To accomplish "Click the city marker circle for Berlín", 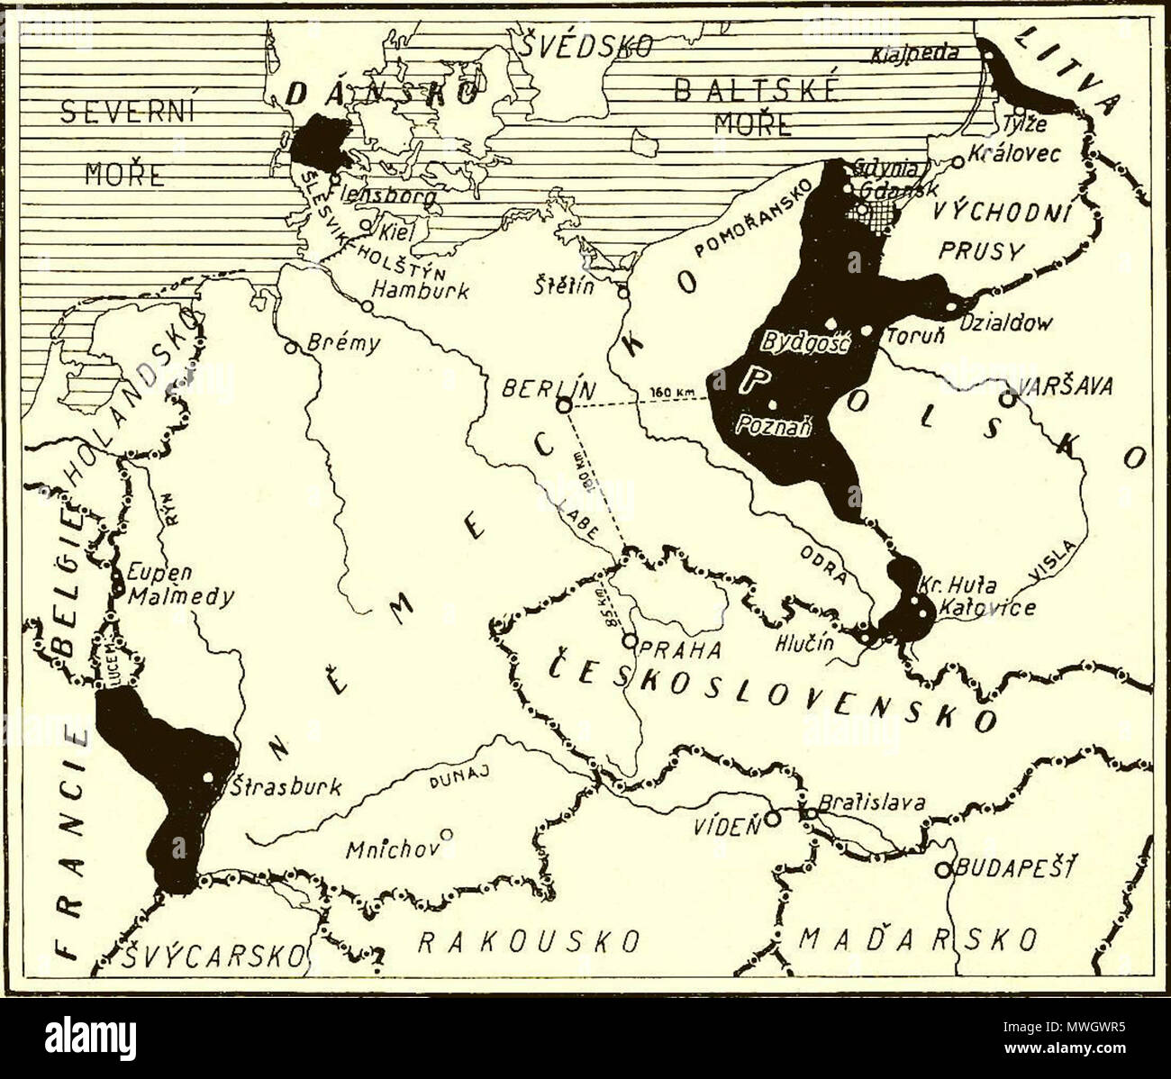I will pyautogui.click(x=563, y=406).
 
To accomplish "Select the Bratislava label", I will pyautogui.click(x=871, y=802).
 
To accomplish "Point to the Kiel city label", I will pyautogui.click(x=397, y=231).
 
